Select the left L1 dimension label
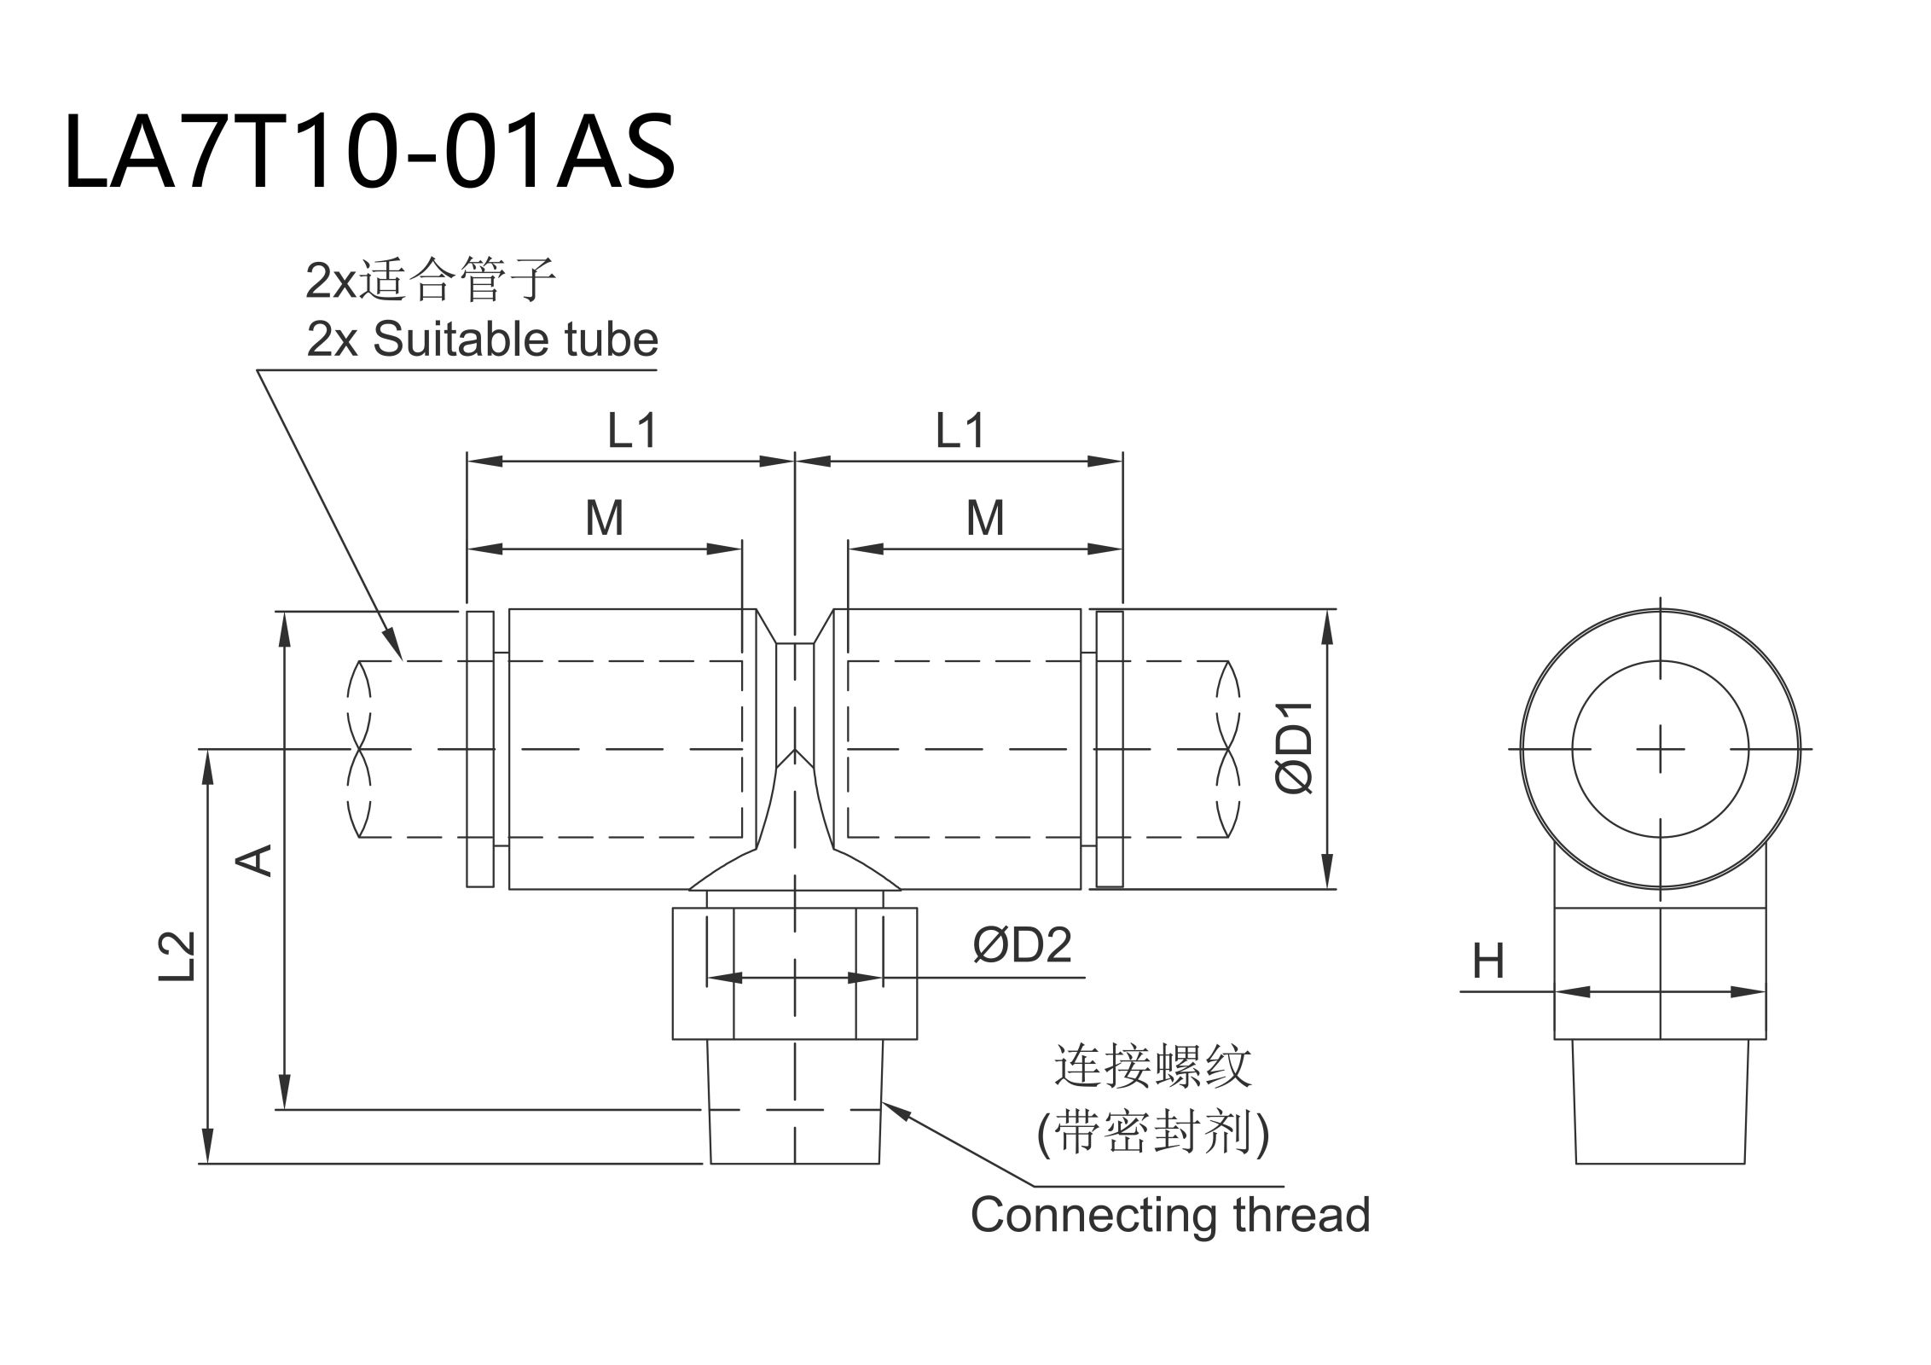(x=632, y=431)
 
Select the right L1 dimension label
(x=960, y=431)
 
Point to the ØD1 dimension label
(x=1295, y=748)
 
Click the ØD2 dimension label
(x=1022, y=945)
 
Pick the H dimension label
(x=1488, y=962)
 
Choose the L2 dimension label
(x=177, y=956)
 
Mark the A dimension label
(x=254, y=860)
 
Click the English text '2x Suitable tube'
(x=482, y=340)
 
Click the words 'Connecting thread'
(x=1169, y=1215)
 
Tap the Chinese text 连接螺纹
(x=1152, y=1067)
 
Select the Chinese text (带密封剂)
(x=1152, y=1134)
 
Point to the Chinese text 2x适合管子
(x=431, y=280)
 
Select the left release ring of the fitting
(x=480, y=749)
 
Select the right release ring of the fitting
(x=1109, y=749)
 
